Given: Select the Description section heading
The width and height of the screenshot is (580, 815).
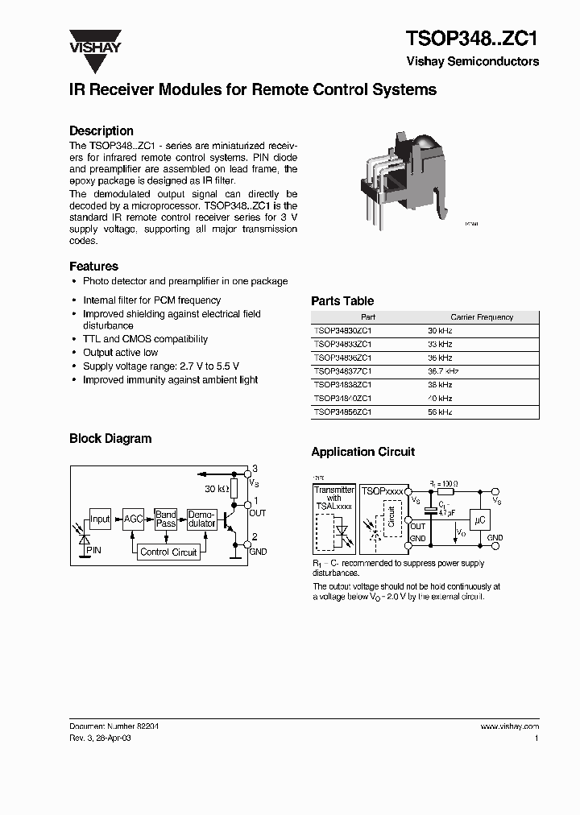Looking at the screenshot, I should pyautogui.click(x=101, y=130).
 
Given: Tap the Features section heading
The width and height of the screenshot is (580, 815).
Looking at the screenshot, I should pyautogui.click(x=93, y=266).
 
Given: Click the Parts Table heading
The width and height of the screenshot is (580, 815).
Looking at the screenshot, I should pyautogui.click(x=342, y=300).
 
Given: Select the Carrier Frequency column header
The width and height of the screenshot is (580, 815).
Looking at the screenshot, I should pyautogui.click(x=482, y=317).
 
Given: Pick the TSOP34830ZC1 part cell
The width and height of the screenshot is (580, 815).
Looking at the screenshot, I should pyautogui.click(x=342, y=330).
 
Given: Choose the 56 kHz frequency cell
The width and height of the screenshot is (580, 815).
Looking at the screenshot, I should pyautogui.click(x=441, y=412).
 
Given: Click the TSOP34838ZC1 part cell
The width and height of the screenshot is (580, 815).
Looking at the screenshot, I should pyautogui.click(x=342, y=385).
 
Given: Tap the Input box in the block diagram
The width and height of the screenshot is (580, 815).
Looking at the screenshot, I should pyautogui.click(x=100, y=519).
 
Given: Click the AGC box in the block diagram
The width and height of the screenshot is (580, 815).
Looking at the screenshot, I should pyautogui.click(x=134, y=519).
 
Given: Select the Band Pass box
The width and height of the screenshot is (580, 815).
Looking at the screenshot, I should pyautogui.click(x=166, y=519).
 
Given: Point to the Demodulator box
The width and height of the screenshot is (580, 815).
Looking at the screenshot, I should pyautogui.click(x=201, y=519).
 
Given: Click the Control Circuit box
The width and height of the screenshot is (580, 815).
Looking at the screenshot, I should pyautogui.click(x=168, y=552).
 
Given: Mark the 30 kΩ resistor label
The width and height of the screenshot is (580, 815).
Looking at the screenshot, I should pyautogui.click(x=217, y=489).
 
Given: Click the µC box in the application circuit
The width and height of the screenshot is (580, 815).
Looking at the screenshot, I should pyautogui.click(x=479, y=520).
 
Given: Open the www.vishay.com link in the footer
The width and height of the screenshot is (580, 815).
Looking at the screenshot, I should pyautogui.click(x=509, y=726).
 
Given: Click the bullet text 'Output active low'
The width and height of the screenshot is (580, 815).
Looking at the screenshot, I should pyautogui.click(x=121, y=353).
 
